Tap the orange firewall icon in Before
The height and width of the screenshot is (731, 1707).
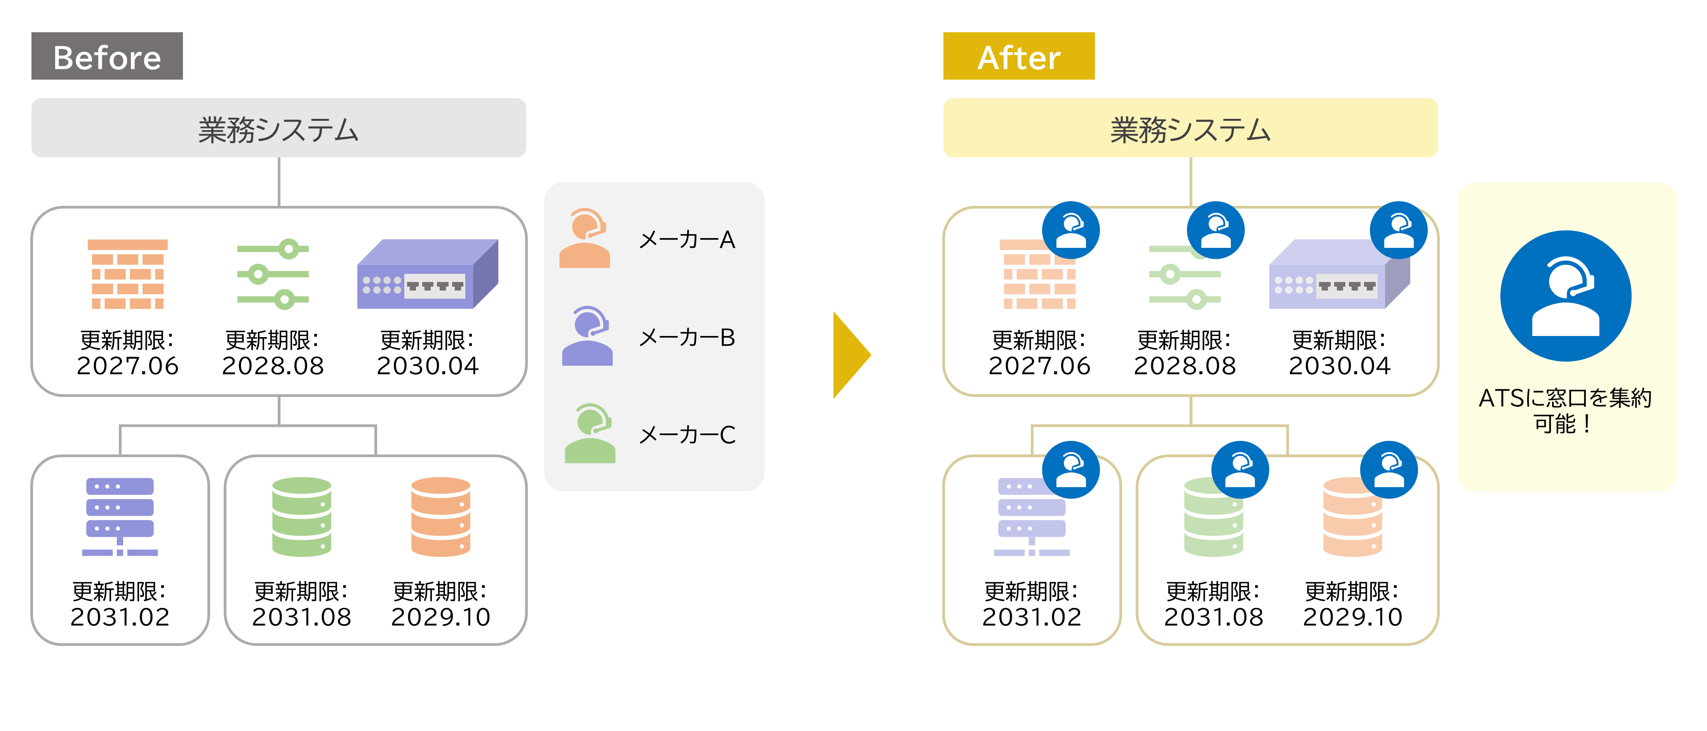[128, 274]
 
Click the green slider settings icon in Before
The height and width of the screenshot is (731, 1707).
[273, 274]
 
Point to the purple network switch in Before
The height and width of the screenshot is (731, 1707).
[427, 274]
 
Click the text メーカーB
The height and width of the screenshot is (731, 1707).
[687, 337]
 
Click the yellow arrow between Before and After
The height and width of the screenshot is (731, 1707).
[850, 355]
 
